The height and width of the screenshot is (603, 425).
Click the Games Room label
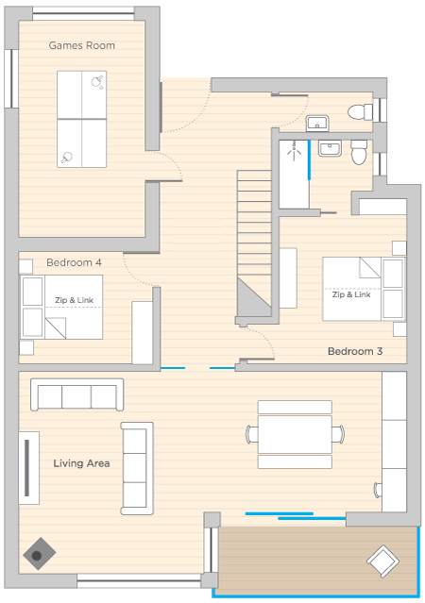[81, 45]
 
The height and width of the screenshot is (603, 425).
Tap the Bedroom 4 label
[74, 262]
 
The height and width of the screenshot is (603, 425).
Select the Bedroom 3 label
[355, 351]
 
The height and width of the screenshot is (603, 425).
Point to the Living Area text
[81, 463]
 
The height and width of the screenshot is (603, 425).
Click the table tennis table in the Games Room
[81, 119]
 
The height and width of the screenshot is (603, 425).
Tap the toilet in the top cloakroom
[361, 112]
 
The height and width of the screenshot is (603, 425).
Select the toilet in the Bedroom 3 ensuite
[359, 152]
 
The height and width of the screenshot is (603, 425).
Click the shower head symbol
[295, 152]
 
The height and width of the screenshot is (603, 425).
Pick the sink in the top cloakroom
[317, 123]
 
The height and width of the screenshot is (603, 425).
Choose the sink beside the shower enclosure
[330, 148]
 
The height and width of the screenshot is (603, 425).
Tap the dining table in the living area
[295, 434]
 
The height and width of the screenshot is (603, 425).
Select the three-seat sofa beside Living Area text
[137, 468]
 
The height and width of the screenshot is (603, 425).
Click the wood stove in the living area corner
[39, 554]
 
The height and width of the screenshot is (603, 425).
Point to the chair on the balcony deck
[383, 561]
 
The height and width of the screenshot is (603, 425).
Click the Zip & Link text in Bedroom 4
[74, 300]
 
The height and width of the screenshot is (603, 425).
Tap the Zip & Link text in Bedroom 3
[351, 294]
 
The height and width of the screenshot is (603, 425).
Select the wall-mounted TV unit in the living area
[29, 468]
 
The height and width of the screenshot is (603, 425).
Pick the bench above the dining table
[295, 407]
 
